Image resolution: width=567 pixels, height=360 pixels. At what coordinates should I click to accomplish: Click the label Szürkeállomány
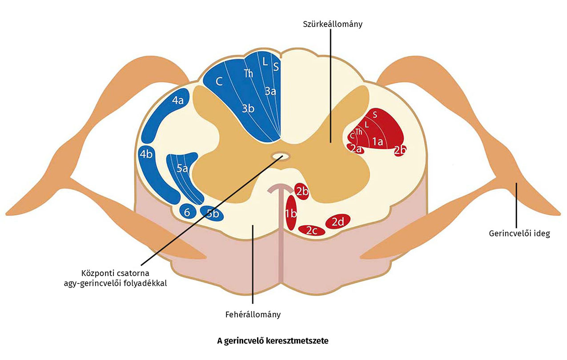point(330,24)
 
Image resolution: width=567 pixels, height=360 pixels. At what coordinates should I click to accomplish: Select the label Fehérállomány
point(253,315)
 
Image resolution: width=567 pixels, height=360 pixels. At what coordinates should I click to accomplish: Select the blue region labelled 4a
point(178,101)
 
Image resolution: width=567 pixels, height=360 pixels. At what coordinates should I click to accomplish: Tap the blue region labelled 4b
point(146,155)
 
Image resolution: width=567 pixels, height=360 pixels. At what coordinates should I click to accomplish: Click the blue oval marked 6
point(187,212)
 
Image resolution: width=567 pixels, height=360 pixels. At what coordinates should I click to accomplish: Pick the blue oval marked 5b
point(212,213)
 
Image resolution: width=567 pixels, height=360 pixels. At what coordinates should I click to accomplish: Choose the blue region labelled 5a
point(182,168)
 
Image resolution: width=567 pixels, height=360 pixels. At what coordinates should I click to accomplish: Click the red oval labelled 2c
point(311,231)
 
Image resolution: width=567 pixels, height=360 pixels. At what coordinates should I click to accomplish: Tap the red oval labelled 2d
point(338,221)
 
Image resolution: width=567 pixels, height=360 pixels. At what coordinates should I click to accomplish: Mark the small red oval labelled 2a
point(355,149)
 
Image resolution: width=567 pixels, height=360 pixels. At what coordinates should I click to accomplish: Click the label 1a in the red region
point(378,142)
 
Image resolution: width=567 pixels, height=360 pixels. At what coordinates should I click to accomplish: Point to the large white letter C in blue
point(219,81)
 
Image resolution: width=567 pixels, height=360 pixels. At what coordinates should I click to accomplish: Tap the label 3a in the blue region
point(270,92)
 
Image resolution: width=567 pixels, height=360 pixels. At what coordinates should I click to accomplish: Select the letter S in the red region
point(375,114)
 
